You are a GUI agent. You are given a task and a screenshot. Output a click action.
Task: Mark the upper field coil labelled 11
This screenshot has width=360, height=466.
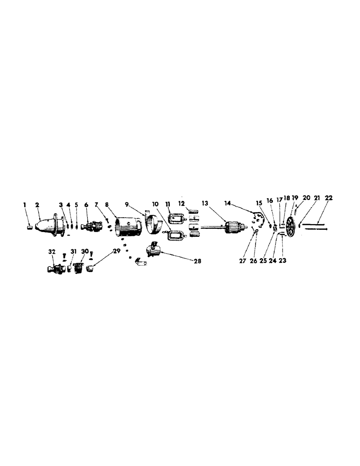(177, 219)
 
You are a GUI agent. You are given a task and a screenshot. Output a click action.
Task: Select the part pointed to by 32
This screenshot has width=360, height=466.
(55, 269)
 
